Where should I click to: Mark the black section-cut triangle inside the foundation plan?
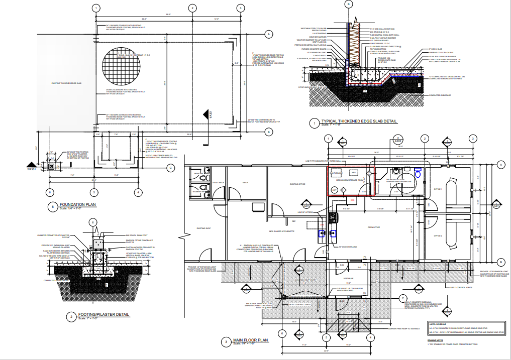pyautogui.click(x=205, y=114)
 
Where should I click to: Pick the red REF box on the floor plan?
pyautogui.click(x=352, y=200)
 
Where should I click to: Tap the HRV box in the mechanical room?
pyautogui.click(x=353, y=172)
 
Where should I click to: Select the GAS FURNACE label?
pyautogui.click(x=336, y=173)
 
